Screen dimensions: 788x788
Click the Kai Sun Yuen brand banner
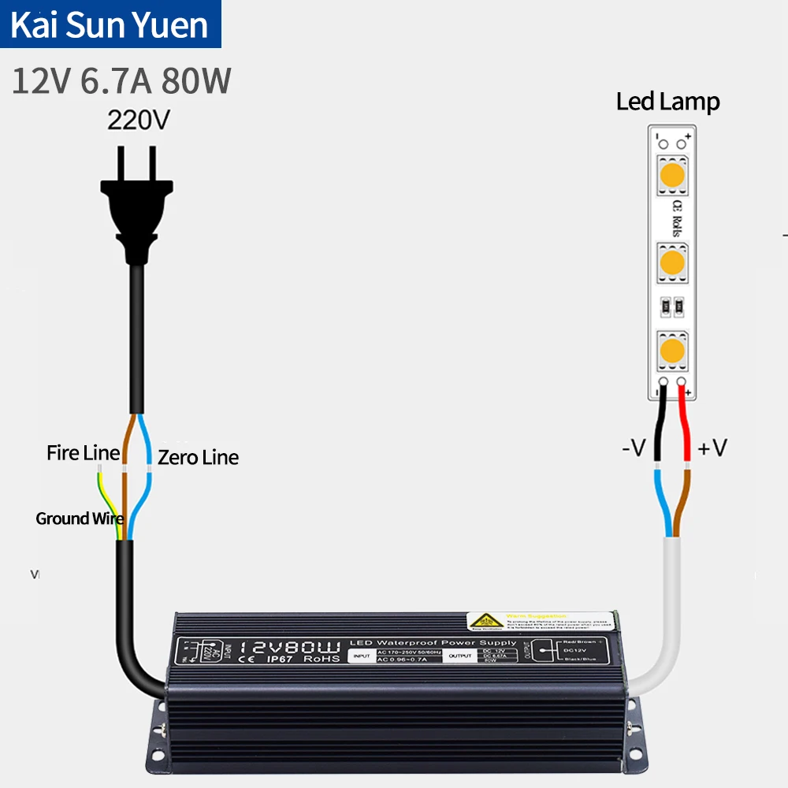110,24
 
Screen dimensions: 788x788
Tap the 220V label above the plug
139,121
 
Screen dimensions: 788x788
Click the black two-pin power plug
139,205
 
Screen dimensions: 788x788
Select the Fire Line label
83,453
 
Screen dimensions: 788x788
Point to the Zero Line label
198,457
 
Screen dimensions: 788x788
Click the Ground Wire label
79,519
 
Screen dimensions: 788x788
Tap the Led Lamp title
667,102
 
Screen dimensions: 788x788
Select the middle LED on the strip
672,261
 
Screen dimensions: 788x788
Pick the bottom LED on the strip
672,349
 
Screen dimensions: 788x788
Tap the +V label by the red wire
712,448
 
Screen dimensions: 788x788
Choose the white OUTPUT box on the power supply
461,655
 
